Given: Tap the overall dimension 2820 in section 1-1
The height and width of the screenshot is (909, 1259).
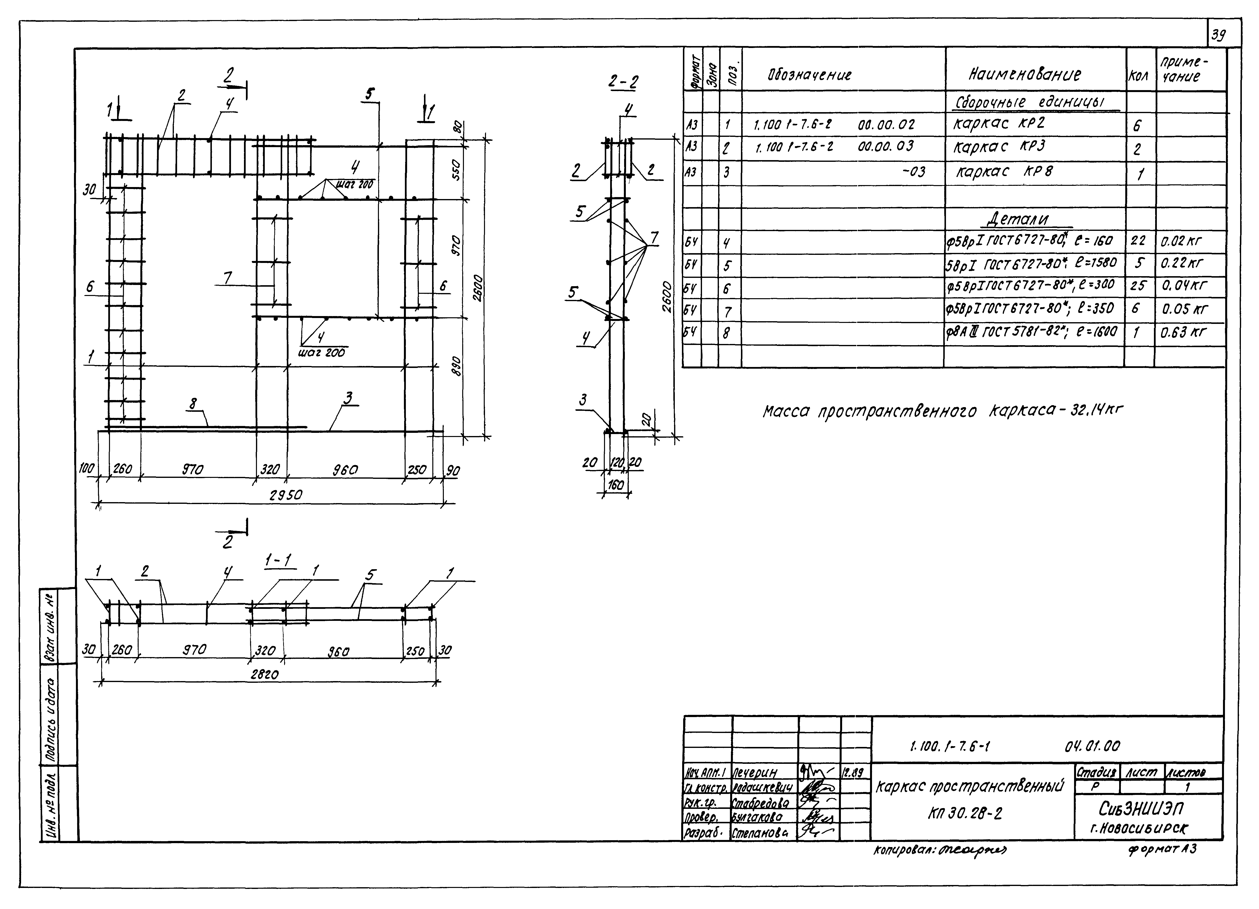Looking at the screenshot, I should point(264,674).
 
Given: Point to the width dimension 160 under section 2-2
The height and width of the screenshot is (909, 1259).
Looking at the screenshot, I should point(616,484).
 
